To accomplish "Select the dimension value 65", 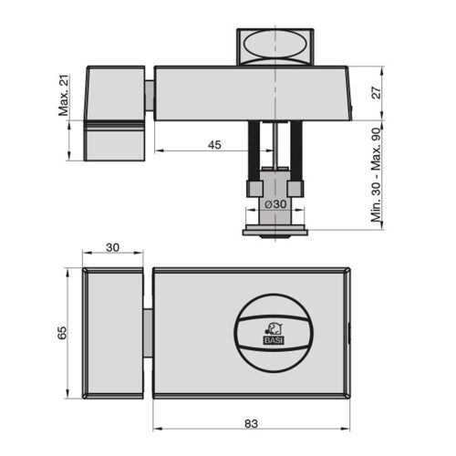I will point(62,333).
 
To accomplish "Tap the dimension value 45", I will point(214,144).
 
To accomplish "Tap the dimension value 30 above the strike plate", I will point(113,247).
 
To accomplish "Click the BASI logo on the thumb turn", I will point(274,334).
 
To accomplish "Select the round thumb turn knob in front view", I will point(274,333).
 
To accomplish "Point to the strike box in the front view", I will point(114,333).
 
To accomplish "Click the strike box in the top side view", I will point(116,111).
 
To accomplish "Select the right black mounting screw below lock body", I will point(296,150).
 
